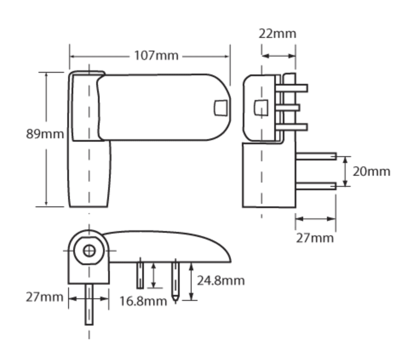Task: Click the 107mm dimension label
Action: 156,56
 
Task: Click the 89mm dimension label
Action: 45,134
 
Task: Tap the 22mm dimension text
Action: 277,33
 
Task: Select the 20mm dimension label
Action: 371,171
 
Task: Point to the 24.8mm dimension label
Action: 221,280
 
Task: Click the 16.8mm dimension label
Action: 143,301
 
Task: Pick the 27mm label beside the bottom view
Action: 44,297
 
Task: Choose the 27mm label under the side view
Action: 315,237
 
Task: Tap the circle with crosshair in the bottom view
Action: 89,251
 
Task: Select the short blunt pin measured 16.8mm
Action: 140,275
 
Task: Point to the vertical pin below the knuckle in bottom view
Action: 89,304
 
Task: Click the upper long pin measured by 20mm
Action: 316,156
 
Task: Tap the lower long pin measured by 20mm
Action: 316,186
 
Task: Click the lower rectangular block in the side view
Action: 268,175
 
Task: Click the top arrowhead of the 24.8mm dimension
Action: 192,265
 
